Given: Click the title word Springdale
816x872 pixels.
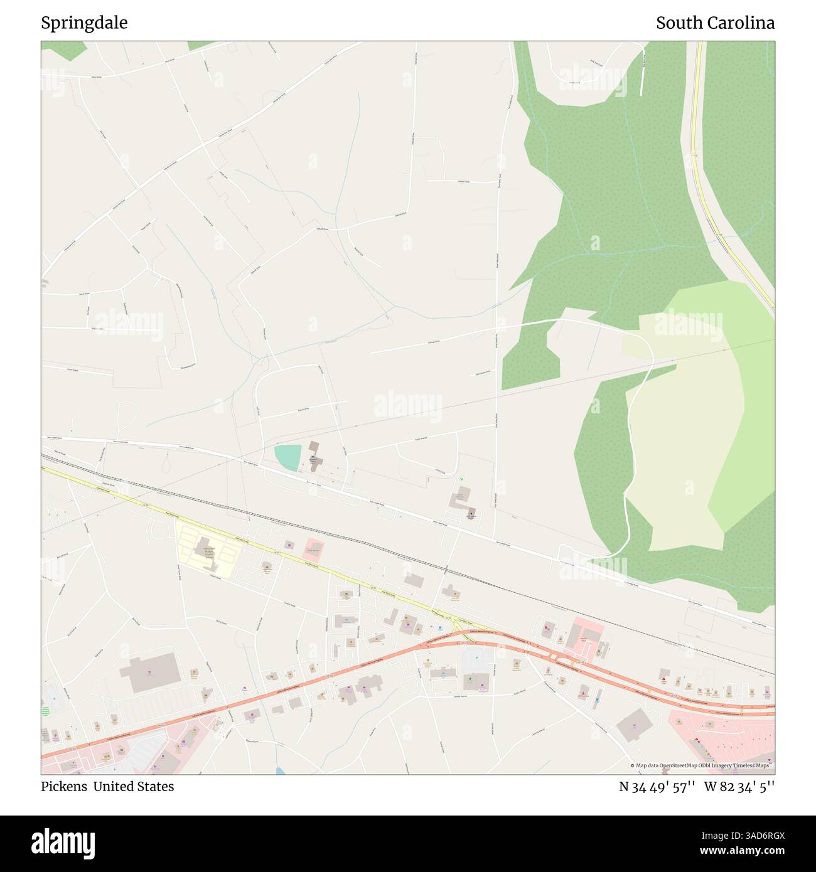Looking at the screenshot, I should tap(84, 23).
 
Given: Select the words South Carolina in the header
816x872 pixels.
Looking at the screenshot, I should tap(715, 23).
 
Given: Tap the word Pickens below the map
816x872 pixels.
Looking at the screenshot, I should tap(65, 787).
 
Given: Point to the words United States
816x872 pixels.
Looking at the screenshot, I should tap(134, 787).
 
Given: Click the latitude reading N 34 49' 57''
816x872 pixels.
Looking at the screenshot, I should tap(657, 787).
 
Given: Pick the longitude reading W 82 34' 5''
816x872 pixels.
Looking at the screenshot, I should tap(739, 787).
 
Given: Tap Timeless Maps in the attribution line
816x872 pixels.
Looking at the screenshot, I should tap(752, 765).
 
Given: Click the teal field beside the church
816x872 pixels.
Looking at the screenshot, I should tap(287, 457).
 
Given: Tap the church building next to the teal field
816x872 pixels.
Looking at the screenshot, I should tap(314, 457).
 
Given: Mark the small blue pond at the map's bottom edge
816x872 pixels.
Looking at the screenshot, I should tap(279, 770).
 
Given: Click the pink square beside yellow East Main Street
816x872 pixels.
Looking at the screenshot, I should tap(313, 550).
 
